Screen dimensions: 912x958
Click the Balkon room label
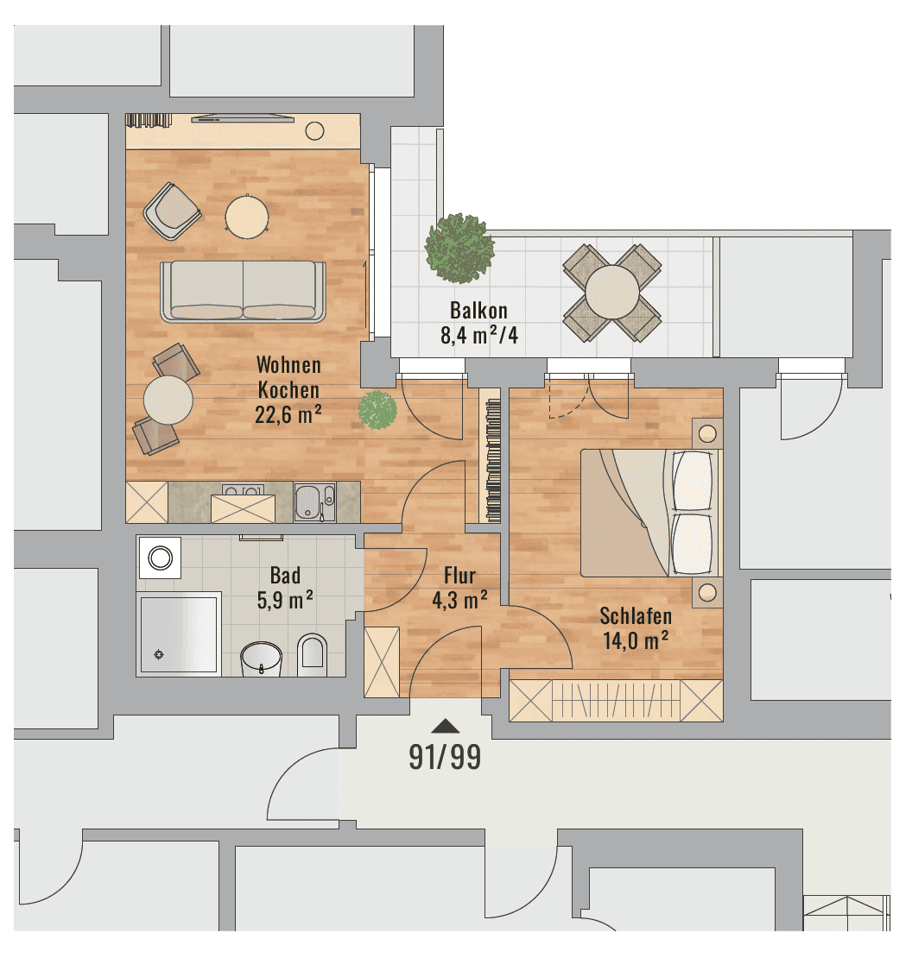pyautogui.click(x=478, y=311)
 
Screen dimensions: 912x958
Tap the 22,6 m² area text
pyautogui.click(x=288, y=415)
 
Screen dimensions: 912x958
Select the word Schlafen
pyautogui.click(x=636, y=616)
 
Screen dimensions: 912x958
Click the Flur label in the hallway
pyautogui.click(x=459, y=576)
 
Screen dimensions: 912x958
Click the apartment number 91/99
pyautogui.click(x=445, y=757)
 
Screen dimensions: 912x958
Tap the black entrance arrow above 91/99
pyautogui.click(x=446, y=726)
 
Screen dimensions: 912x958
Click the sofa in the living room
pyautogui.click(x=243, y=292)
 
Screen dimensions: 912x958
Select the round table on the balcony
pyautogui.click(x=611, y=292)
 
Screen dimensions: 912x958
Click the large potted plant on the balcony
pyautogui.click(x=459, y=248)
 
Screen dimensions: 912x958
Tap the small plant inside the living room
pyautogui.click(x=377, y=409)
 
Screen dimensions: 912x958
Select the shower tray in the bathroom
pyautogui.click(x=179, y=633)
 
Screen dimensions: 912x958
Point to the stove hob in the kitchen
pyautogui.click(x=243, y=490)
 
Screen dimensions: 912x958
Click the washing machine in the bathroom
pyautogui.click(x=160, y=558)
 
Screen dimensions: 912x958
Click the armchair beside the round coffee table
pyautogui.click(x=173, y=211)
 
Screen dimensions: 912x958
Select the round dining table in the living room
pyautogui.click(x=168, y=400)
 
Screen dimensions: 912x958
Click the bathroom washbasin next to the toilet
pyautogui.click(x=262, y=659)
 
